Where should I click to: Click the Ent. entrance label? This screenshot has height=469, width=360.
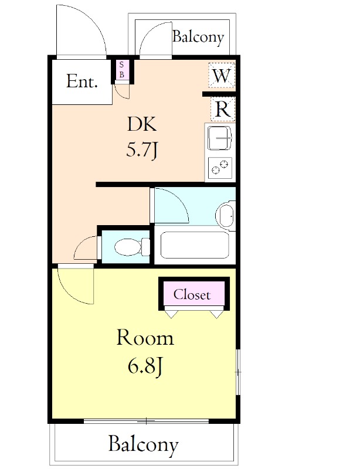[81, 81]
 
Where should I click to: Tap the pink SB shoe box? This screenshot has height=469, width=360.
[121, 70]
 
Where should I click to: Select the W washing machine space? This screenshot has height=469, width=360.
[222, 75]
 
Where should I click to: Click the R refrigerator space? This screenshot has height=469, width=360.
[223, 109]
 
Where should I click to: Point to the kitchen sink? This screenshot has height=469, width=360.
[220, 138]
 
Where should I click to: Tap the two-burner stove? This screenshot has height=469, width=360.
[220, 168]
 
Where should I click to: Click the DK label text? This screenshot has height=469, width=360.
[142, 124]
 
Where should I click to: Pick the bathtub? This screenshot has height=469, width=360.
[195, 244]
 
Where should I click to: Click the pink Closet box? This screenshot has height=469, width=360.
[194, 294]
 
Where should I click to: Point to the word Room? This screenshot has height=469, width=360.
[145, 338]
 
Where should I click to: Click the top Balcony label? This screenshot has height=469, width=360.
[198, 37]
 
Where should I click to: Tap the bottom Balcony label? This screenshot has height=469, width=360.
[143, 444]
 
